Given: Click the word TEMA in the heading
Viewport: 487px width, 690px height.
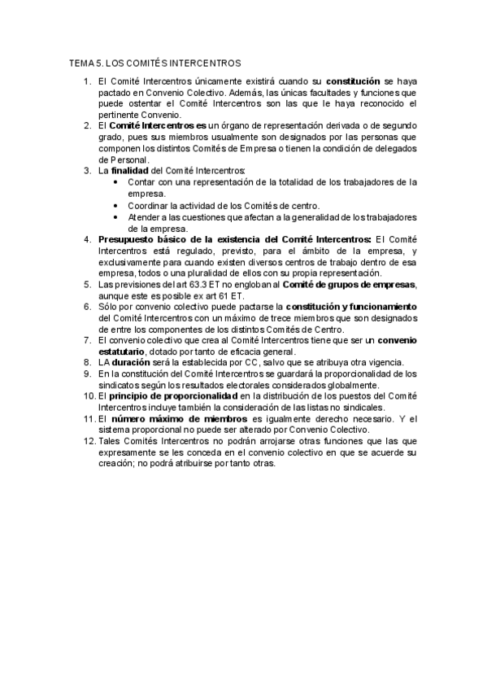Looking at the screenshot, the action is click(x=82, y=63).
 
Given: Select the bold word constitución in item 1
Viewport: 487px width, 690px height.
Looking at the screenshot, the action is click(x=353, y=81).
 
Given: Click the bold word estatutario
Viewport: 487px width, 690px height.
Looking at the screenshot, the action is click(x=124, y=351).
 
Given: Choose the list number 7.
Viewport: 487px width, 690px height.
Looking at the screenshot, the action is click(x=89, y=339).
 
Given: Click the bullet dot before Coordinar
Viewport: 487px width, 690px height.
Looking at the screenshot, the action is click(x=119, y=205).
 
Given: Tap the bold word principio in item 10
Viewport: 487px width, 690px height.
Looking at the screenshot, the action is click(x=129, y=396).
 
